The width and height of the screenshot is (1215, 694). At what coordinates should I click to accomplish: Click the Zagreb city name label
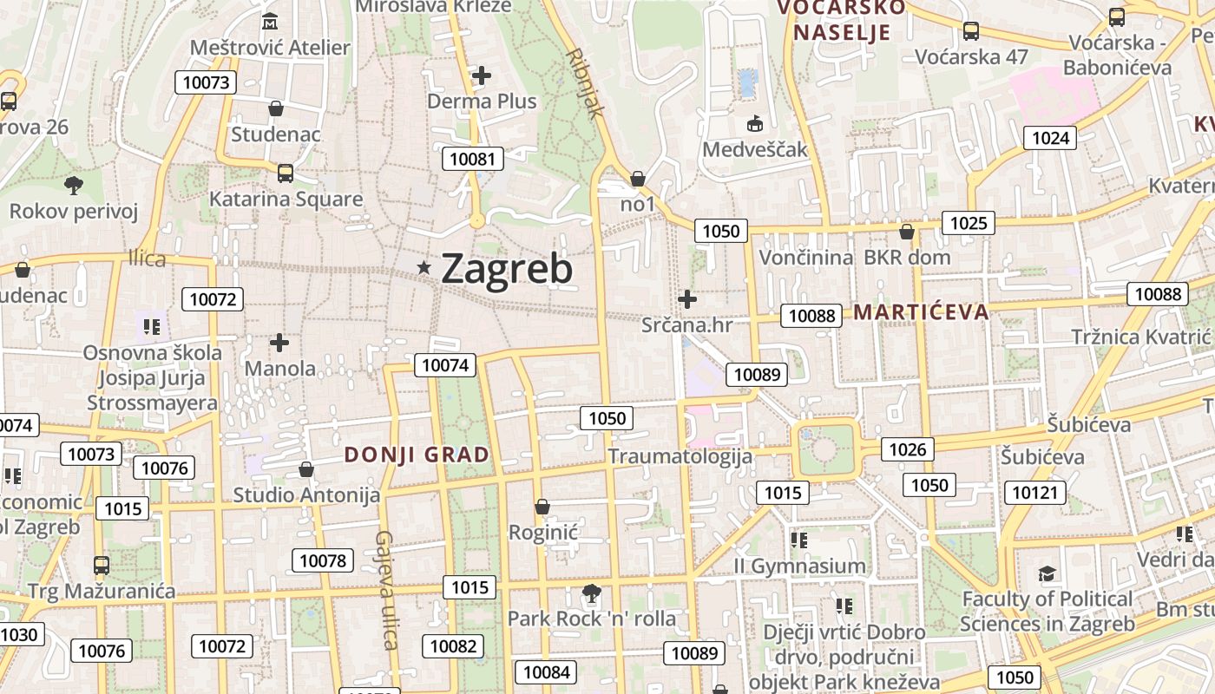pyautogui.click(x=507, y=269)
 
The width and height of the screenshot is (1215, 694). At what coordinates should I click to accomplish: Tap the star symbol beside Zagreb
pyautogui.click(x=424, y=268)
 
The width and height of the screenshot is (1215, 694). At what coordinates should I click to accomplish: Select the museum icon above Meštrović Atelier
pyautogui.click(x=270, y=21)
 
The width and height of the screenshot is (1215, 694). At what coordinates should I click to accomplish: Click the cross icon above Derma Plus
pyautogui.click(x=482, y=75)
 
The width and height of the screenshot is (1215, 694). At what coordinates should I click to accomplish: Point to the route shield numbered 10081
pyautogui.click(x=473, y=158)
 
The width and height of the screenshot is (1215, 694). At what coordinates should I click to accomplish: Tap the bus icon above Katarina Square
pyautogui.click(x=286, y=173)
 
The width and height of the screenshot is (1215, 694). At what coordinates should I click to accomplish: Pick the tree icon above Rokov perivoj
pyautogui.click(x=74, y=185)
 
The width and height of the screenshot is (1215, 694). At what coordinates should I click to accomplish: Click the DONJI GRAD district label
pyautogui.click(x=417, y=455)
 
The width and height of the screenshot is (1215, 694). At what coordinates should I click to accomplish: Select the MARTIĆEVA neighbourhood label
pyautogui.click(x=922, y=312)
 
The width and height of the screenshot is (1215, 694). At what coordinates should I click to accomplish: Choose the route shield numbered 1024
pyautogui.click(x=1050, y=138)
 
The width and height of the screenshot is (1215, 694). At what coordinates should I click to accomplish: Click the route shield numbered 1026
pyautogui.click(x=908, y=448)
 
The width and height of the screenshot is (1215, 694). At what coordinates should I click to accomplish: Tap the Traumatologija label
pyautogui.click(x=680, y=456)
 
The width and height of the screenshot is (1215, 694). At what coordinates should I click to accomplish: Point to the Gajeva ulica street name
pyautogui.click(x=385, y=590)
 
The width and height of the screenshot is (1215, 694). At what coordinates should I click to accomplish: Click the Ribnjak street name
pyautogui.click(x=584, y=82)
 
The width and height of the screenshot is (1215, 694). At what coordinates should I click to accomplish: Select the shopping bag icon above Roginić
pyautogui.click(x=542, y=506)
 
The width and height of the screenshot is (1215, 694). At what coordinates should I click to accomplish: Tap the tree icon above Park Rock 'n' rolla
pyautogui.click(x=591, y=594)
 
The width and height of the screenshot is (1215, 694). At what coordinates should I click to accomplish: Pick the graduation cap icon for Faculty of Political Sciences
pyautogui.click(x=1048, y=574)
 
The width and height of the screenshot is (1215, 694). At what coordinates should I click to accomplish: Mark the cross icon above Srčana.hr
pyautogui.click(x=687, y=299)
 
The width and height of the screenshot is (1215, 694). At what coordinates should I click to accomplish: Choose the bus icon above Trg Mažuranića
pyautogui.click(x=102, y=566)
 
